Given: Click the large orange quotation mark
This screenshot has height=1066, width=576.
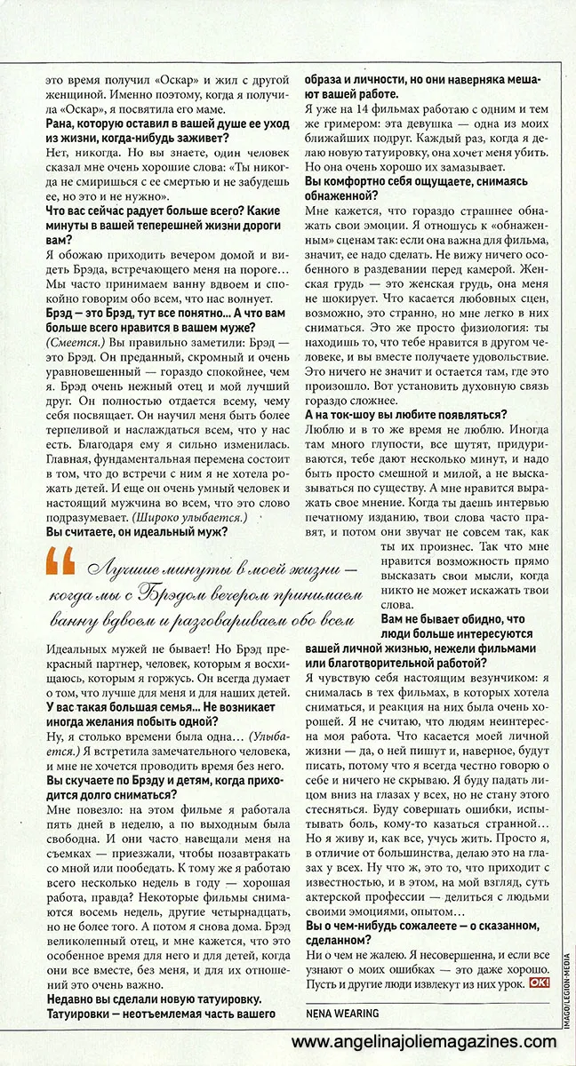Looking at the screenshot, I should (60, 561).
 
